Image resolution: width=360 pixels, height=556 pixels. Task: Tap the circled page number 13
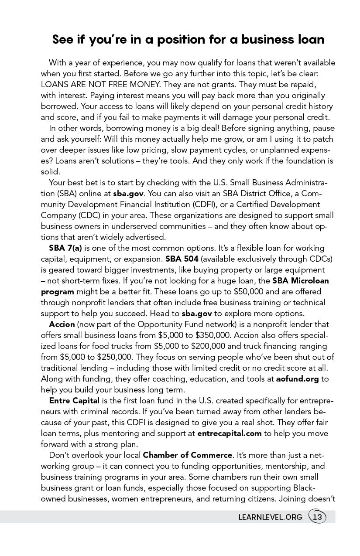(x=317, y=517)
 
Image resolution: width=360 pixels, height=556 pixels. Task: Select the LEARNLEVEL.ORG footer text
(x=270, y=517)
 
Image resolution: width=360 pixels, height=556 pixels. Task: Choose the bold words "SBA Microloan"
(x=301, y=281)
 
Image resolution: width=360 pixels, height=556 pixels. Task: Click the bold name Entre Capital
(x=74, y=401)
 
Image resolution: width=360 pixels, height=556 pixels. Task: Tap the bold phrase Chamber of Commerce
(x=188, y=455)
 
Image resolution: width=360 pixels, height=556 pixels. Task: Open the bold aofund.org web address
(x=297, y=379)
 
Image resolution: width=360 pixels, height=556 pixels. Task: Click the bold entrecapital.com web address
(x=230, y=433)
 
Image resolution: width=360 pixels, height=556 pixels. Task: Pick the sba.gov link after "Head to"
(x=197, y=314)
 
